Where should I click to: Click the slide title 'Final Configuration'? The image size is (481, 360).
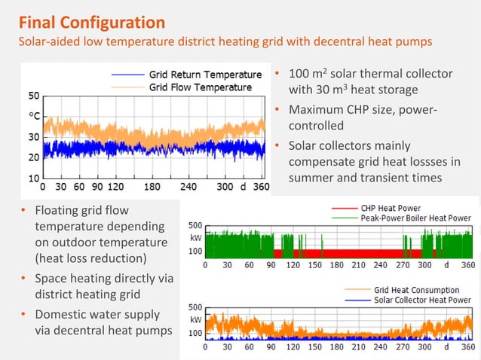click(91, 22)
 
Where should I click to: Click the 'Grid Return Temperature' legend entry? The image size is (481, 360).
click(205, 75)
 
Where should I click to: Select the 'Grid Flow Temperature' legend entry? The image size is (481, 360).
click(201, 87)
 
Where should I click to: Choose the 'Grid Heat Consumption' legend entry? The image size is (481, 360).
click(412, 289)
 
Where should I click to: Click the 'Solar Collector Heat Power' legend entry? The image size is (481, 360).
click(422, 300)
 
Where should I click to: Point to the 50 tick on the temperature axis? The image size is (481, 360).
click(35, 96)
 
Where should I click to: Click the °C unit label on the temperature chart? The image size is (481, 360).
click(35, 116)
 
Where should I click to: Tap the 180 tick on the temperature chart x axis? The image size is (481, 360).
click(152, 186)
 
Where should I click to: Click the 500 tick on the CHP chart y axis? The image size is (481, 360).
click(195, 226)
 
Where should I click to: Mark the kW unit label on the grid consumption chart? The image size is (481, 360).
click(195, 319)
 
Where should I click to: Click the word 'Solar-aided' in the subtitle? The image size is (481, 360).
click(51, 42)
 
